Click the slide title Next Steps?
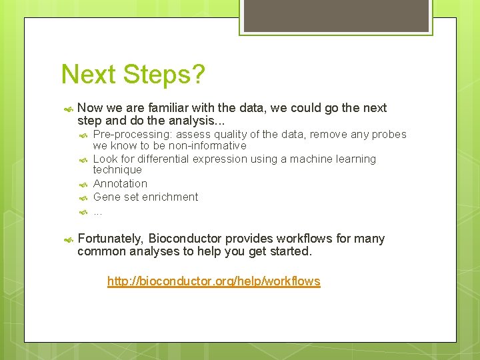[133, 75]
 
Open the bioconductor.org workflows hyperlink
[213, 281]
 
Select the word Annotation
[120, 183]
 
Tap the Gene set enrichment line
[145, 197]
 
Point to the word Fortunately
[109, 239]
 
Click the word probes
[389, 135]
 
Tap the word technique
[117, 170]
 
